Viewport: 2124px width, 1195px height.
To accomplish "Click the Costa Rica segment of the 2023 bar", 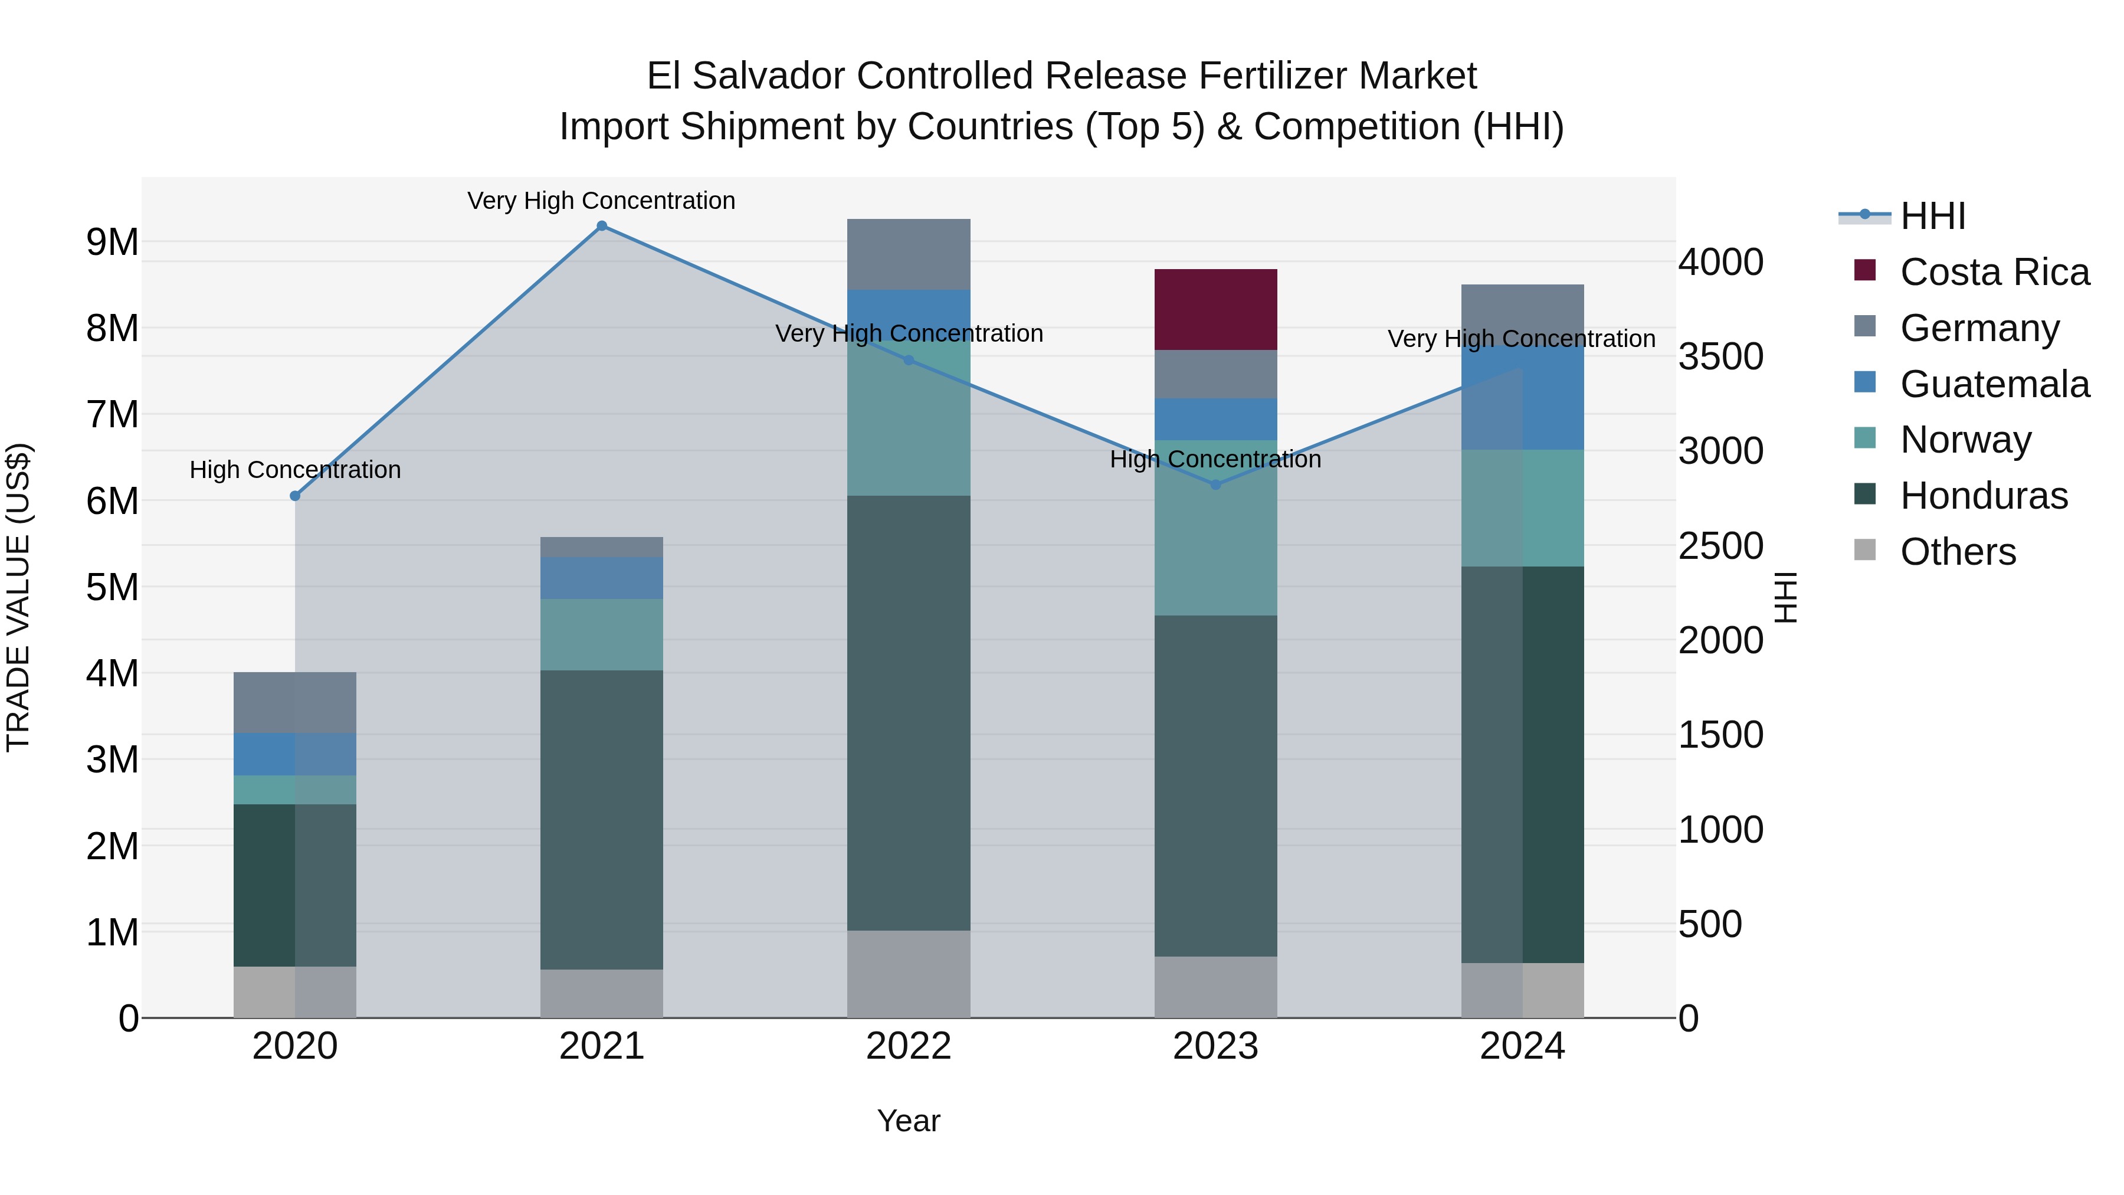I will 1215,309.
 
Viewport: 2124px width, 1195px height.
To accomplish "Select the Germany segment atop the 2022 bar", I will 909,254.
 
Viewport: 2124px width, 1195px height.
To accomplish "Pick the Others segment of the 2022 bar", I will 909,973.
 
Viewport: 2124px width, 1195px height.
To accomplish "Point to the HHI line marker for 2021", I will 601,226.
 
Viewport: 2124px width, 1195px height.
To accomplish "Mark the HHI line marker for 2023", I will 1215,485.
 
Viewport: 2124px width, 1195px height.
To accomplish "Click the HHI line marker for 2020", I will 295,496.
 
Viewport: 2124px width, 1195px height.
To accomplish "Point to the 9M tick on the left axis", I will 112,243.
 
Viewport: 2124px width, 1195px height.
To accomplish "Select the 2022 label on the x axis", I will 909,1046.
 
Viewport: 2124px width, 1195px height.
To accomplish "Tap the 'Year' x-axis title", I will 909,1121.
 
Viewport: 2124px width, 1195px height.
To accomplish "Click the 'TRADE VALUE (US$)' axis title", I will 18,597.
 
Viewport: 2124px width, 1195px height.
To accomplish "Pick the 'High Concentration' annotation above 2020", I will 295,470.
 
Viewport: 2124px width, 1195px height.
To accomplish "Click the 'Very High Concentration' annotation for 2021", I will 601,201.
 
